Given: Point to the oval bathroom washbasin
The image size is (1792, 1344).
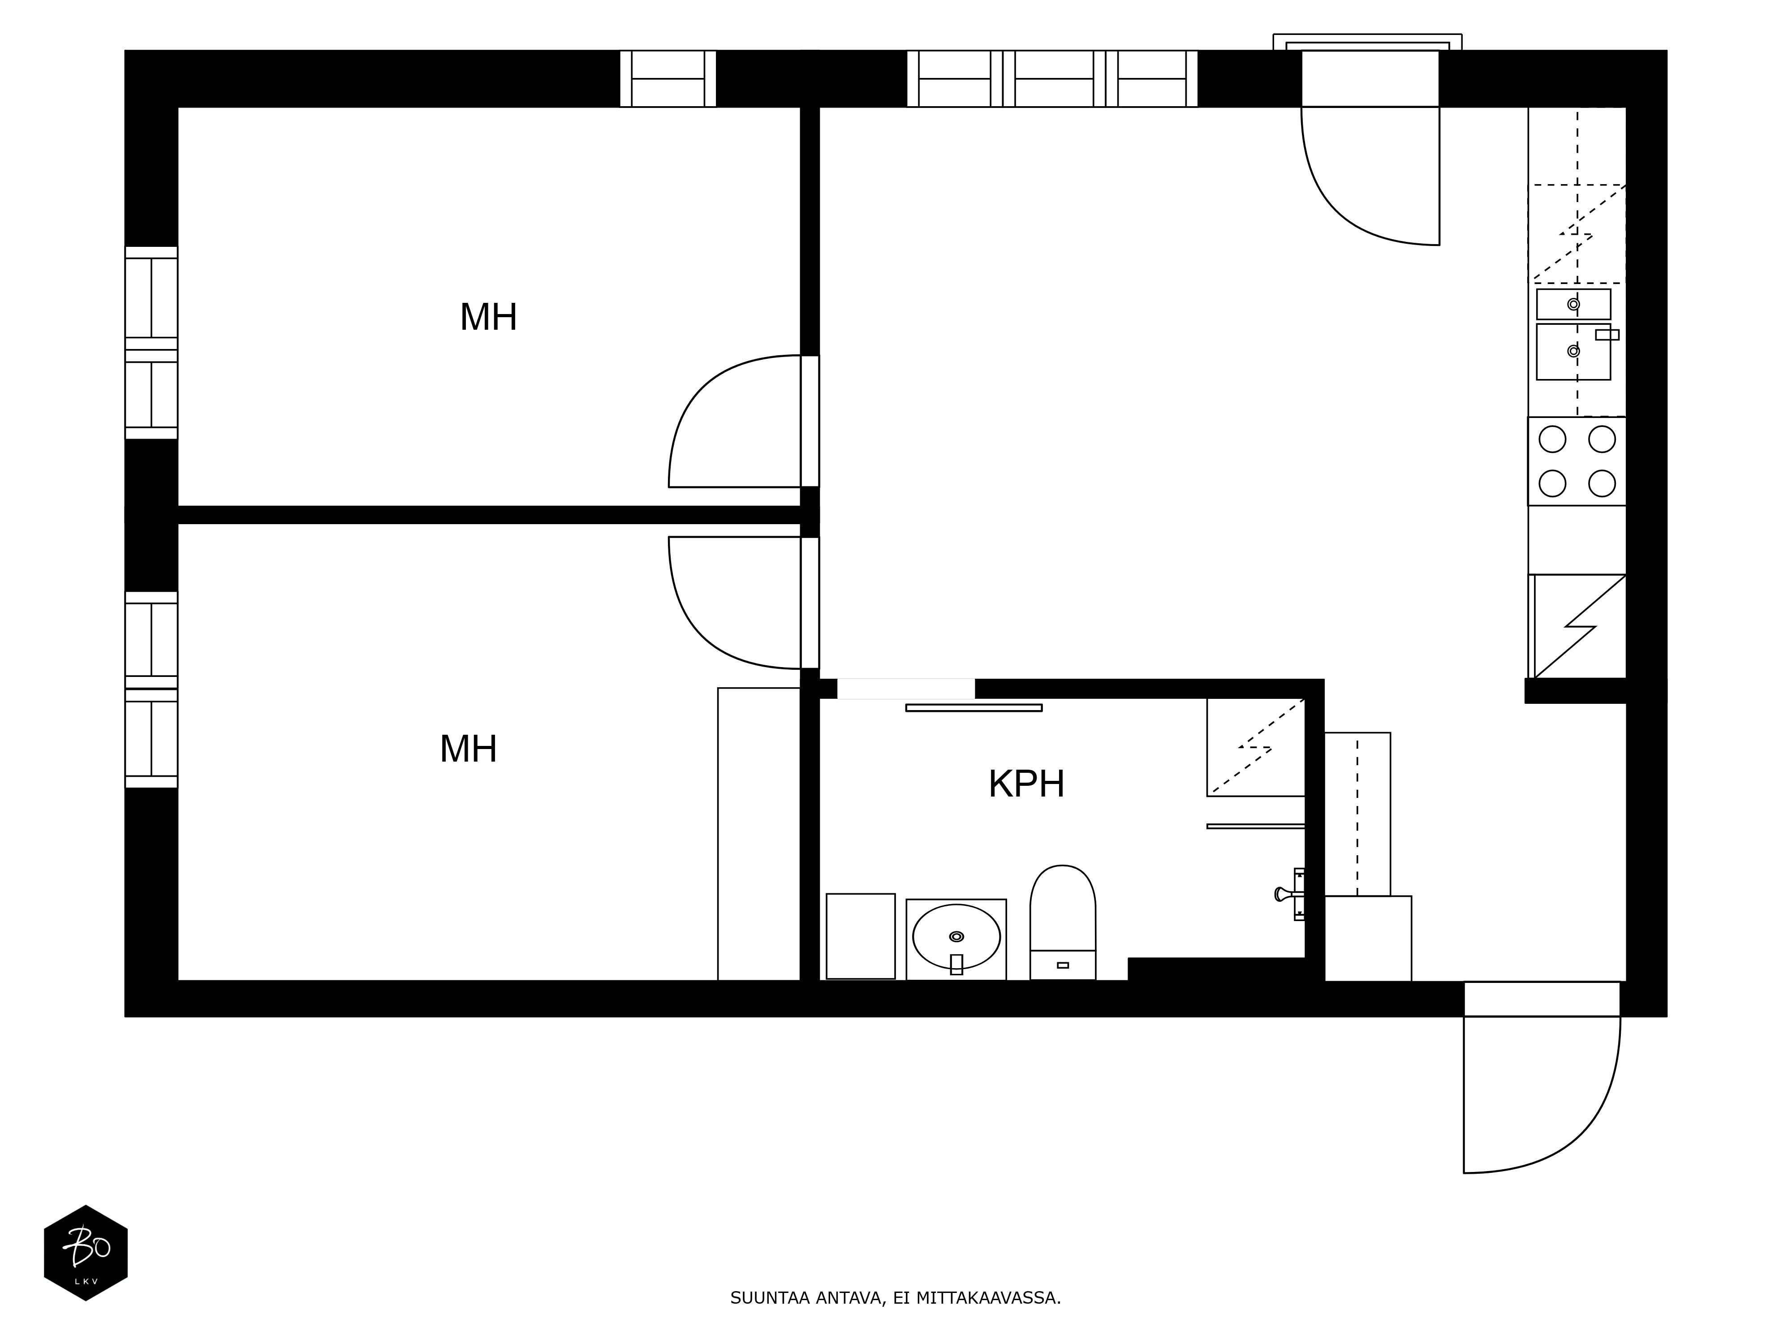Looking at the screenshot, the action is point(956,936).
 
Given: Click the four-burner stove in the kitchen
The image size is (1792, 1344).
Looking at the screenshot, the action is point(1577,461).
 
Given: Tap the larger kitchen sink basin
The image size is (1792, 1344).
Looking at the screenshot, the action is point(1573,352).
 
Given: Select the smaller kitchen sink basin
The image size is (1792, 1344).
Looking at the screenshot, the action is point(1573,304).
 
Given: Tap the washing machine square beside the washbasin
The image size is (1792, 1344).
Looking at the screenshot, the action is point(860,936).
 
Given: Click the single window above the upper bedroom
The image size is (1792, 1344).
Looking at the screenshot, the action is point(668,78).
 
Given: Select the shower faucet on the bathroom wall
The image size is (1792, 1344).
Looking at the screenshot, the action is point(1290,894).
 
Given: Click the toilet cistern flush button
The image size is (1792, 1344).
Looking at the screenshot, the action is point(1063,965).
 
